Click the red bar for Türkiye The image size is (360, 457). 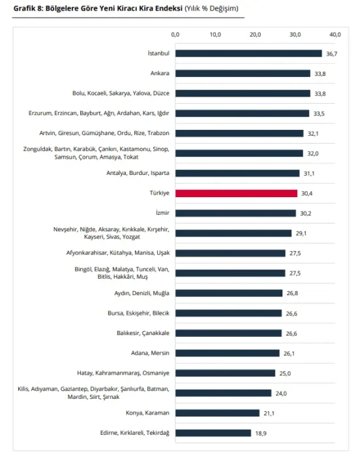click(x=236, y=193)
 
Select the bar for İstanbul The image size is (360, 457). click(x=248, y=54)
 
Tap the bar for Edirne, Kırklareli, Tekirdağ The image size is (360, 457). click(x=213, y=433)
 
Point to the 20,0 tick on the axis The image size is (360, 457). click(x=255, y=35)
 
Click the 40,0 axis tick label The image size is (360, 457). click(x=335, y=35)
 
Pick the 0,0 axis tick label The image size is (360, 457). click(x=175, y=35)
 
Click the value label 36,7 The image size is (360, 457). click(x=332, y=54)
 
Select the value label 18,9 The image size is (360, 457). click(x=261, y=433)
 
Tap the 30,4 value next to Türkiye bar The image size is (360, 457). click(x=307, y=193)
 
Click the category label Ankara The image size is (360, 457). click(x=160, y=73)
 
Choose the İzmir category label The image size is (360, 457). click(x=162, y=213)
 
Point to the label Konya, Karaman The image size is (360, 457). click(x=147, y=413)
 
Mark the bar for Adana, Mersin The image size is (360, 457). click(x=228, y=353)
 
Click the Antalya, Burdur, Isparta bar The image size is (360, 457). click(x=237, y=173)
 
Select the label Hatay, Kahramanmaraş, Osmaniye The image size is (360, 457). click(x=123, y=373)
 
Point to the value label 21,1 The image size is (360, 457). click(x=269, y=413)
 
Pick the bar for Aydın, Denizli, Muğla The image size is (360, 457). click(x=229, y=293)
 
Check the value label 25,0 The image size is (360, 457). click(x=285, y=373)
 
